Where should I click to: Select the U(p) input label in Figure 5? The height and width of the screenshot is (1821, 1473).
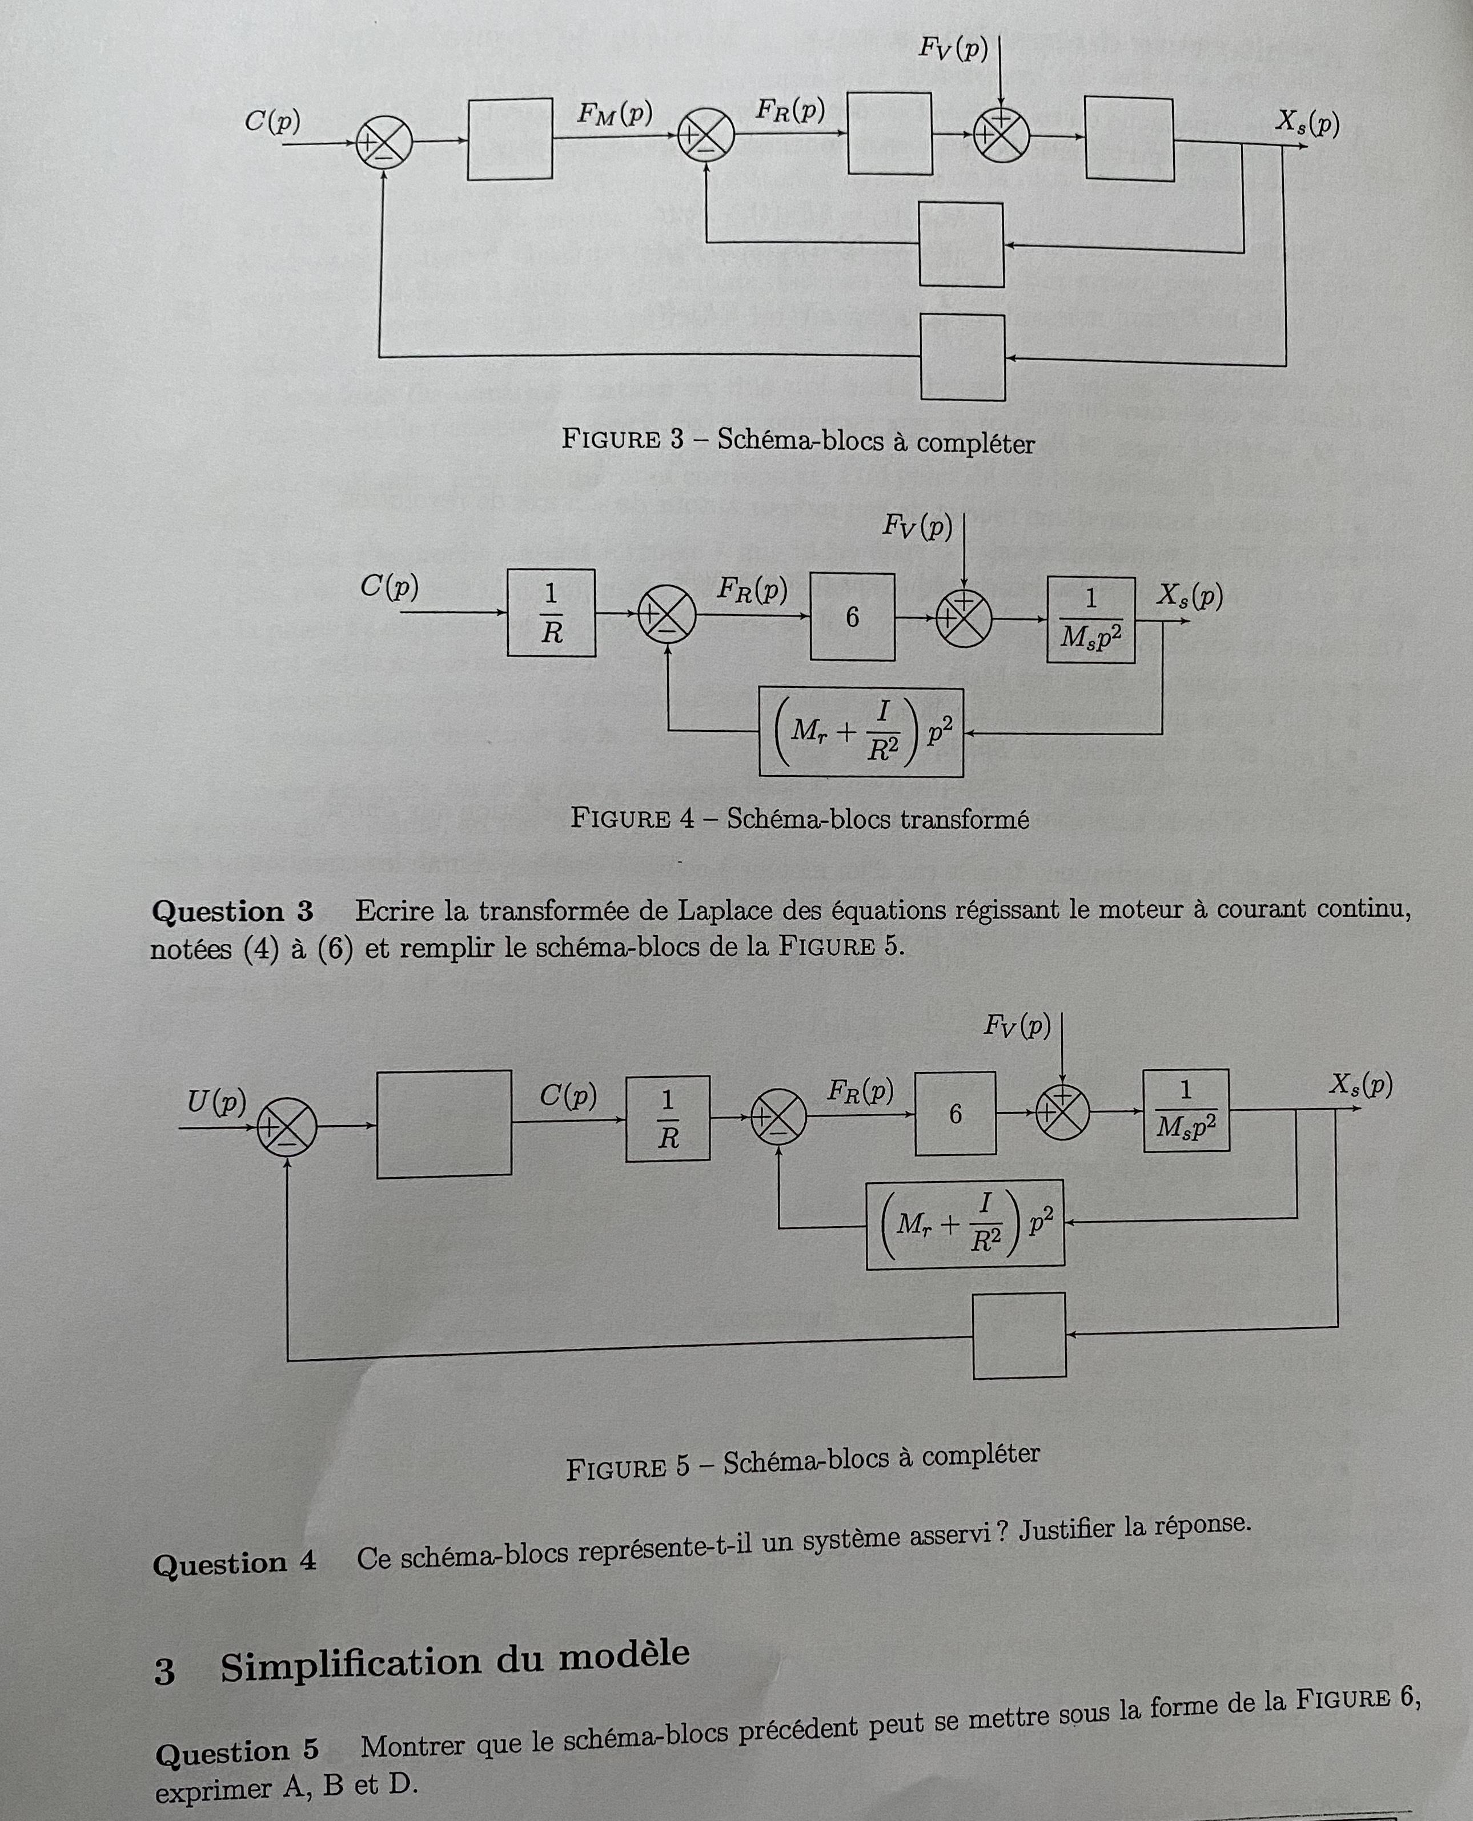tap(216, 1102)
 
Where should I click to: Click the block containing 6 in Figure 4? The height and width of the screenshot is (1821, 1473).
tap(852, 617)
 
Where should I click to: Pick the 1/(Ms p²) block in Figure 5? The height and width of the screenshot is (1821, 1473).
tap(1185, 1110)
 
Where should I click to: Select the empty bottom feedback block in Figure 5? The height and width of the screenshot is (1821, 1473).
tap(1018, 1335)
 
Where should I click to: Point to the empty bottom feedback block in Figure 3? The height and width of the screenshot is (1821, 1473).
tap(962, 357)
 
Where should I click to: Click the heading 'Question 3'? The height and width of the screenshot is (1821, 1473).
tap(232, 912)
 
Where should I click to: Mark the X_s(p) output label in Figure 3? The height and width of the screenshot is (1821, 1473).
tap(1307, 124)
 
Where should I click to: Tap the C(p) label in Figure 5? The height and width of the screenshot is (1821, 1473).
tap(568, 1096)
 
